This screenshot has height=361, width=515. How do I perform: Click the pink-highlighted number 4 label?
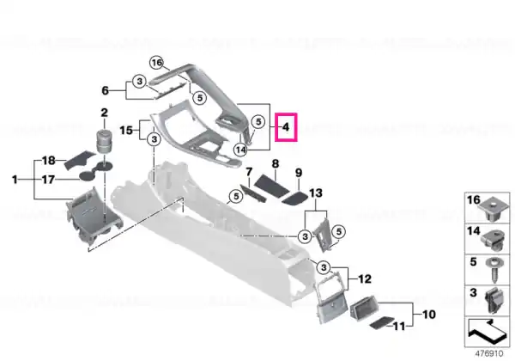(286, 127)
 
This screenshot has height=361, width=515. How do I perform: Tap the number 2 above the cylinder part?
(104, 113)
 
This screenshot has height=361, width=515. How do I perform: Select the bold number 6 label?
(105, 90)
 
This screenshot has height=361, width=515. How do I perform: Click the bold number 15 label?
(126, 131)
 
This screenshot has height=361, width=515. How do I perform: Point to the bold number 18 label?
(49, 161)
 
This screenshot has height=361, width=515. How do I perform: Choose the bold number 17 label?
(48, 180)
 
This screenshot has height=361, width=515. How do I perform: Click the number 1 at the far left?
(15, 180)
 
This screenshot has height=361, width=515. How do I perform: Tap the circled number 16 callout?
(157, 63)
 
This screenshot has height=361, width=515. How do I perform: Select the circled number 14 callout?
(240, 150)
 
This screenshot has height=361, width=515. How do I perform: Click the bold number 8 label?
(276, 163)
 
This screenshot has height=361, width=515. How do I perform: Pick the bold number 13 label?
(316, 193)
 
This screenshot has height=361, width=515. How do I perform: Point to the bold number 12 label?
(365, 279)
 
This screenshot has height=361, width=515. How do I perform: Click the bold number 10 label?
(429, 315)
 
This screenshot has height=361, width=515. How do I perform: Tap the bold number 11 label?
(399, 327)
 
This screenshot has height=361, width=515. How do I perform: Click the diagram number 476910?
(489, 354)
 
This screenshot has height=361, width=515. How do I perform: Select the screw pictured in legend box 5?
(494, 271)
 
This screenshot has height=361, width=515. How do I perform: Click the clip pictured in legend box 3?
(494, 300)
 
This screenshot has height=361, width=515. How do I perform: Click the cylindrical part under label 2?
(105, 141)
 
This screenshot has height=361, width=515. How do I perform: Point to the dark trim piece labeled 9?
(294, 199)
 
